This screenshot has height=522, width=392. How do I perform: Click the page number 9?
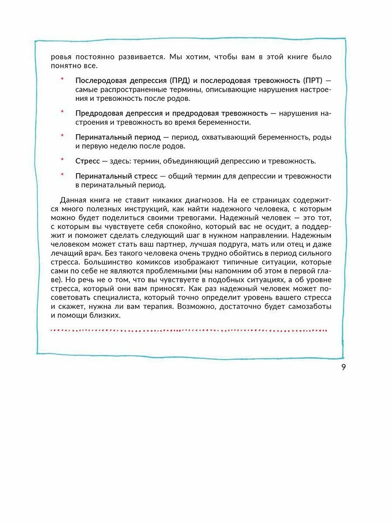pos(343,367)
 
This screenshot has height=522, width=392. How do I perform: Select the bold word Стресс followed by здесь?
pos(88,161)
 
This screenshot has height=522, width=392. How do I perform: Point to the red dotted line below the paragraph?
pos(189,331)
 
